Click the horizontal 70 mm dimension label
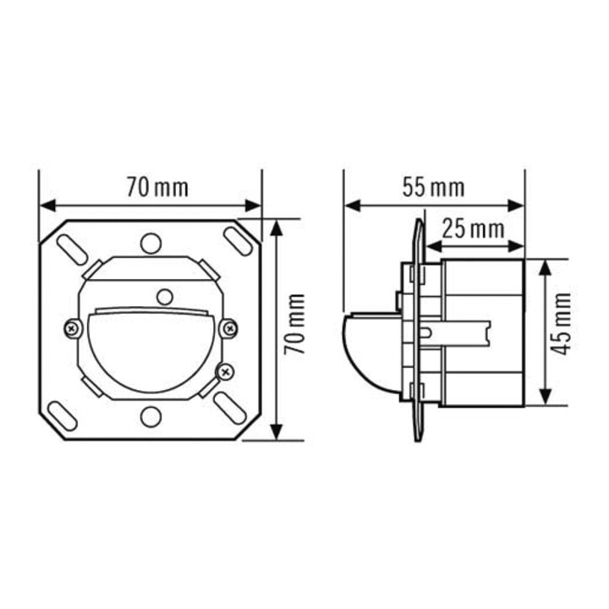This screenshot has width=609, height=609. [157, 188]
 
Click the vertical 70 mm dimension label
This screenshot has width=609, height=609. [294, 324]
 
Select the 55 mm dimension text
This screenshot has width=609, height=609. [433, 188]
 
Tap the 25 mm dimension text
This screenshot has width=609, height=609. [474, 229]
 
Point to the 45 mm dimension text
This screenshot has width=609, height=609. [562, 324]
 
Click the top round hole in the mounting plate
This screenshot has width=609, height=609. [151, 244]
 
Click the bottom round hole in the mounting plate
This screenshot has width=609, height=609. [151, 417]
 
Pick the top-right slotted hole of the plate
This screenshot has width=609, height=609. [238, 242]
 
